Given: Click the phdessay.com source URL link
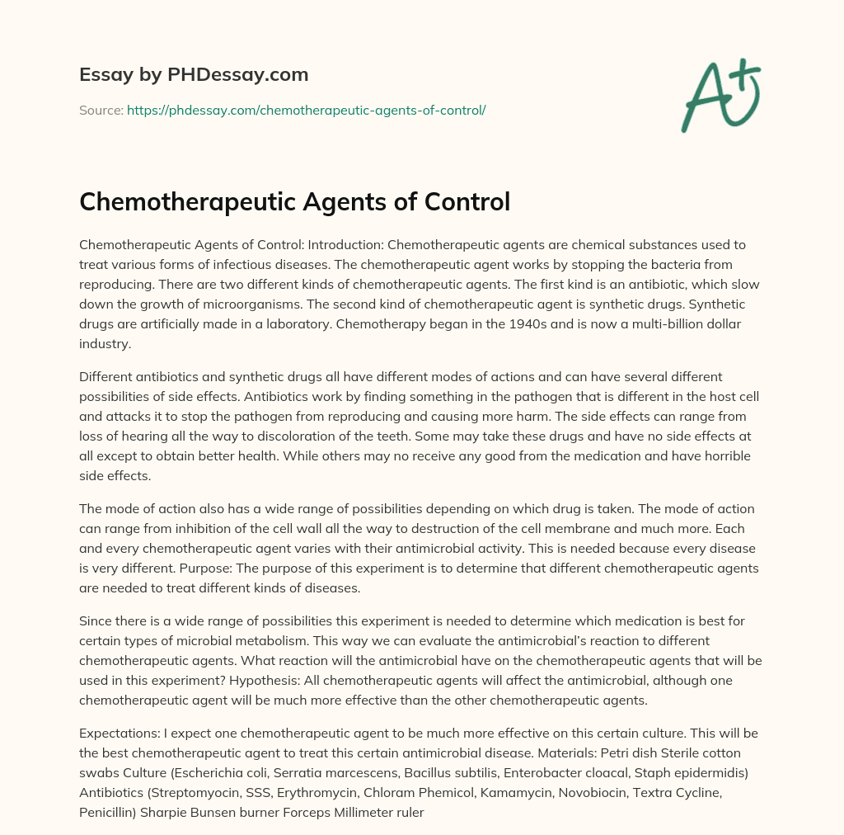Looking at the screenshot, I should tap(306, 110).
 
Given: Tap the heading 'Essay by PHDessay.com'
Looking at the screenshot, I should tap(194, 75).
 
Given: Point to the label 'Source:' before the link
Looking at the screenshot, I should tap(101, 110).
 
